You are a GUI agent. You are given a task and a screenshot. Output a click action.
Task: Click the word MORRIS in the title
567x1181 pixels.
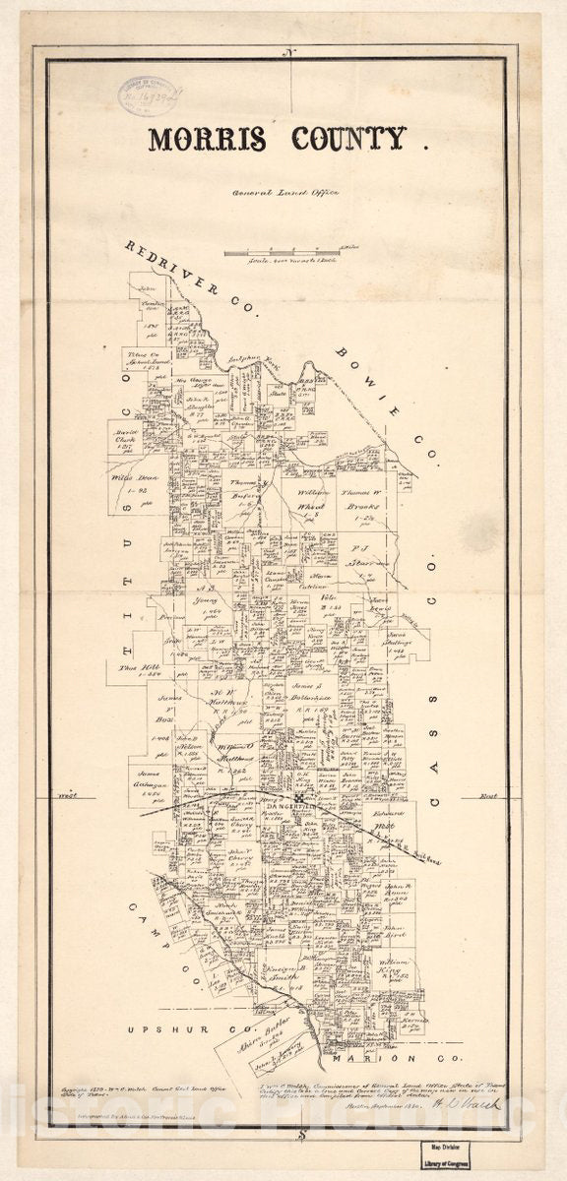click(x=207, y=140)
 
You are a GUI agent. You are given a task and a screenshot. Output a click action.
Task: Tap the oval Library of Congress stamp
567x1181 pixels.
click(x=147, y=94)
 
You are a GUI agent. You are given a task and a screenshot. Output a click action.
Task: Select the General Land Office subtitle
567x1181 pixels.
click(x=284, y=193)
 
